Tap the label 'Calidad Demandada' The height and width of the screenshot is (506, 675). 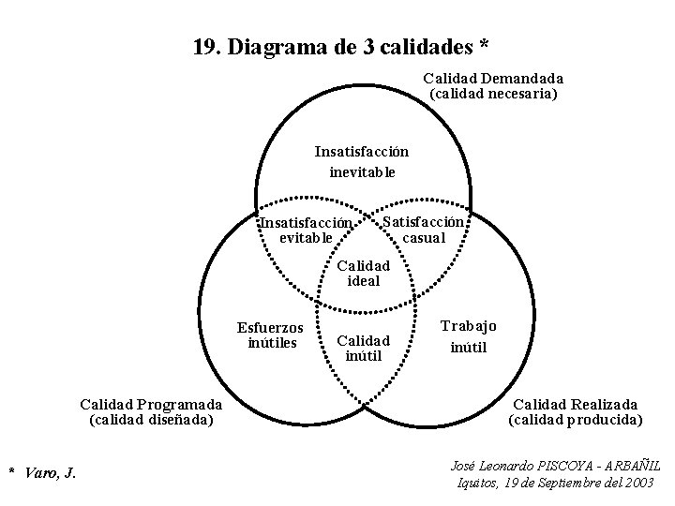point(493,79)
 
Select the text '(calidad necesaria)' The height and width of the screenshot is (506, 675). point(493,94)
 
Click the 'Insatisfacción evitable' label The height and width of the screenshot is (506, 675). point(307,231)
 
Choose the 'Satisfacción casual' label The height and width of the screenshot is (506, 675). point(424,230)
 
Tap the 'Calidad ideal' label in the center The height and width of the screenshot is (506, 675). point(363,273)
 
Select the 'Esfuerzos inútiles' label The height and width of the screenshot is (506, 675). point(271,335)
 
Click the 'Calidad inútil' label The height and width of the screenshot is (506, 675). point(363,348)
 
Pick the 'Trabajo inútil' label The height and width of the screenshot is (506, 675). point(469,336)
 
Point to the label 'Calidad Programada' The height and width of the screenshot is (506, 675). point(151,404)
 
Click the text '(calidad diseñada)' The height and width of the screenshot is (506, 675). point(151,420)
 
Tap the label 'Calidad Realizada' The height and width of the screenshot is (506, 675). point(575,404)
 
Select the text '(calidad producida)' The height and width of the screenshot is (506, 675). point(575,420)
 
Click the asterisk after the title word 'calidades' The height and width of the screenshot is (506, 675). point(484,44)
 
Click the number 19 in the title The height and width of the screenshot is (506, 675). point(203,46)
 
